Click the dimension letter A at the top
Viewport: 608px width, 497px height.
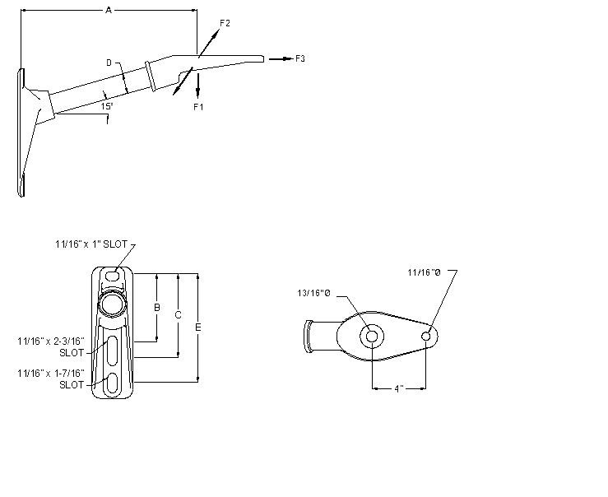point(109,10)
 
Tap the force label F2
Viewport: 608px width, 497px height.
point(225,24)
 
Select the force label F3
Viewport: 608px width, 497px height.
point(300,58)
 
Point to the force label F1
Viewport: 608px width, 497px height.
point(197,107)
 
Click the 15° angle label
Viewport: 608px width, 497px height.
point(106,106)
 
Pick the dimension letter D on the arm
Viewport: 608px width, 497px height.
point(109,62)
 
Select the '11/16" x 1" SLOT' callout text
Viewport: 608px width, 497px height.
point(91,244)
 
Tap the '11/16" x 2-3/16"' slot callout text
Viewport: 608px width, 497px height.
point(51,346)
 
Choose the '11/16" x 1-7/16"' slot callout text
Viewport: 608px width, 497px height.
point(51,379)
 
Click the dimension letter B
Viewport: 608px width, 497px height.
point(156,308)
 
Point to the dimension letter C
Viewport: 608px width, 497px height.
point(179,314)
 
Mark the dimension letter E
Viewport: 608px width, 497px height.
point(197,327)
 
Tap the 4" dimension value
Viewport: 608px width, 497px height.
point(398,388)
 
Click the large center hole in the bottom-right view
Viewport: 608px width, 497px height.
point(371,336)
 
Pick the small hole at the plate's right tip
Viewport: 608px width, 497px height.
point(426,335)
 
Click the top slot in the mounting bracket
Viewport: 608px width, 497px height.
point(112,276)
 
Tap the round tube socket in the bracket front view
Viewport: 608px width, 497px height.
point(112,305)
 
